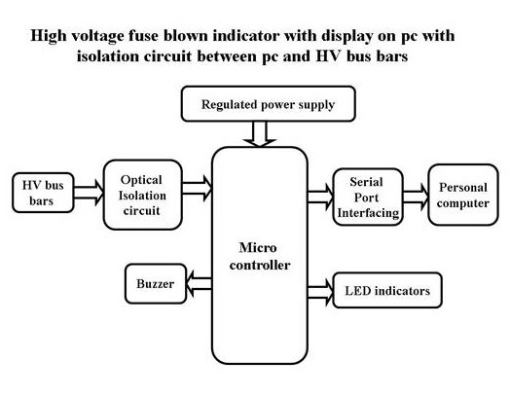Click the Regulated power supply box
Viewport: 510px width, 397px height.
coord(268,104)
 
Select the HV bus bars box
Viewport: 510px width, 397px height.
coord(43,193)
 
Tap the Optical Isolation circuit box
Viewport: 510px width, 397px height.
coord(142,195)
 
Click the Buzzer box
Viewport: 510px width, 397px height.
coord(156,283)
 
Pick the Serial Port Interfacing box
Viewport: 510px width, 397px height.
coord(368,197)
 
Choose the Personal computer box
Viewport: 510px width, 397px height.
coord(463,195)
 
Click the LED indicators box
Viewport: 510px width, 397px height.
coord(387,290)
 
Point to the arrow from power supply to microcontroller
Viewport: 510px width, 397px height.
coord(260,134)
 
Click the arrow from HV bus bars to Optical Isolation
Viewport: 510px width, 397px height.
coord(89,193)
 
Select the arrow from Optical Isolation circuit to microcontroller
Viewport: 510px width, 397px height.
coord(198,188)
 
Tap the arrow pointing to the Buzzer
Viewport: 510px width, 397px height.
coord(200,283)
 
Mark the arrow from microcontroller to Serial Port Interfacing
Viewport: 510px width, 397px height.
coord(321,197)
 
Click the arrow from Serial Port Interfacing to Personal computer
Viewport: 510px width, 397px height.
coord(416,197)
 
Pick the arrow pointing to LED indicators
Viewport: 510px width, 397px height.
coord(320,292)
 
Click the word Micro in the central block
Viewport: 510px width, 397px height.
coord(258,247)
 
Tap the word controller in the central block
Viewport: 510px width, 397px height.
coord(260,265)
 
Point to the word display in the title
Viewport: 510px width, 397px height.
coord(347,36)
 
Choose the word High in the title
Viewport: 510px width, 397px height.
coord(49,36)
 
